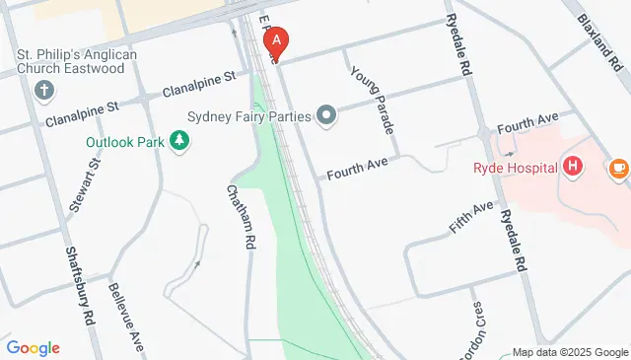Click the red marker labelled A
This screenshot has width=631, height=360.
coord(277,42)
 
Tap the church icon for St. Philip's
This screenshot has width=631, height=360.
coord(43,91)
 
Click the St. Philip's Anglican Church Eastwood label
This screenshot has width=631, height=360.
coord(84,60)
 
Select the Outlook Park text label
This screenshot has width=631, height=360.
coord(125,141)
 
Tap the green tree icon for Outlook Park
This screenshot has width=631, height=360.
coord(179,141)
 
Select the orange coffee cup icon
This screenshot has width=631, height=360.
coord(618,168)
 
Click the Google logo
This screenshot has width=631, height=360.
coord(33,348)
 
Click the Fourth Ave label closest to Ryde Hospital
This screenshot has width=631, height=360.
coord(527,125)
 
